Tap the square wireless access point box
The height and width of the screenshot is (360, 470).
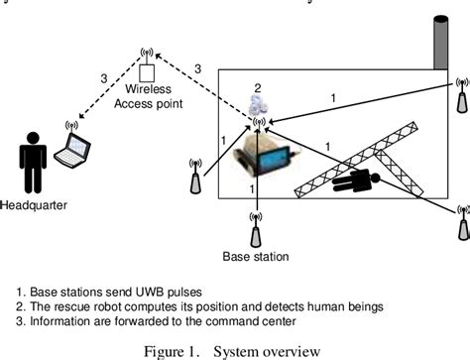[148, 74]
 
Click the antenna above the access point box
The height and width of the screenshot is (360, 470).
[148, 54]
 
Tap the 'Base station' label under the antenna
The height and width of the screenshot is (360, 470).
[256, 257]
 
